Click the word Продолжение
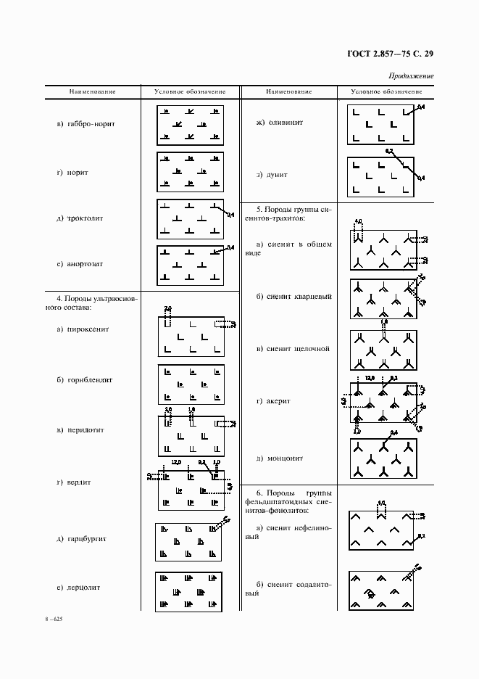(x=411, y=75)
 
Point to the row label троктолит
(x=85, y=218)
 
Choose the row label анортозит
(x=85, y=264)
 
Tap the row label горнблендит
(x=86, y=379)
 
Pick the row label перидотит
(x=85, y=429)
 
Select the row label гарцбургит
(x=86, y=539)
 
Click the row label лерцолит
(x=83, y=587)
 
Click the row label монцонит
(x=280, y=458)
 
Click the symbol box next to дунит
(x=380, y=176)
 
